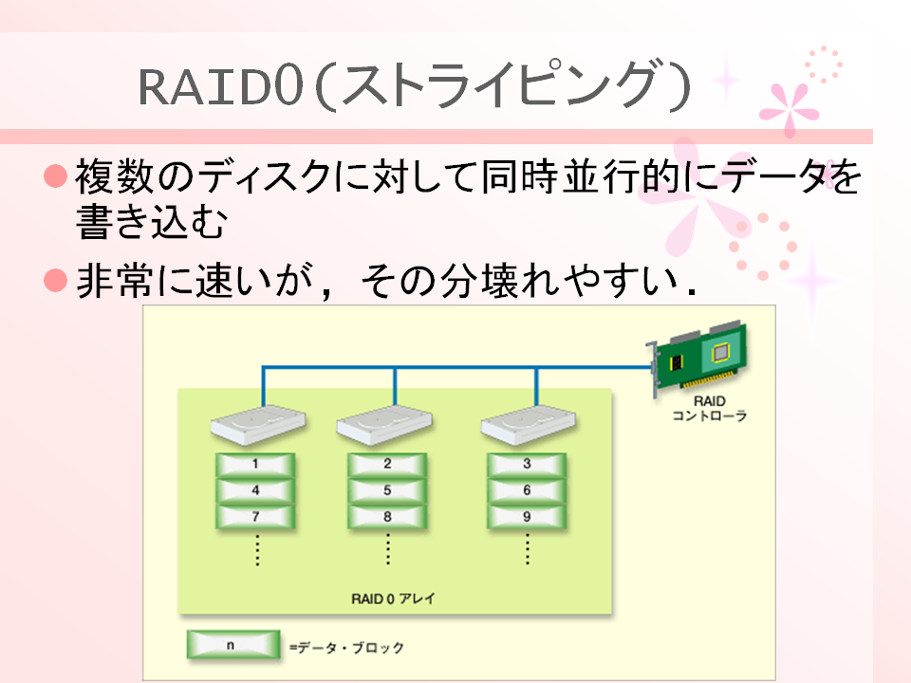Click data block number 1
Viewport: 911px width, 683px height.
coord(255,464)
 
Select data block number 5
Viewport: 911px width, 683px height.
coord(387,490)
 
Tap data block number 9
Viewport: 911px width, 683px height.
coord(527,516)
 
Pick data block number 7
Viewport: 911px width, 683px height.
coord(255,516)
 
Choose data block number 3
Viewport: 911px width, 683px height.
coord(527,464)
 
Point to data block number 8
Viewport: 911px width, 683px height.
coord(387,516)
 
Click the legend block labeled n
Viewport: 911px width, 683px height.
coord(233,645)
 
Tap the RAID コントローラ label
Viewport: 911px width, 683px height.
coord(710,408)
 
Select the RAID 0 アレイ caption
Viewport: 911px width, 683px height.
coord(393,599)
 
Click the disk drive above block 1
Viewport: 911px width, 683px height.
coord(258,425)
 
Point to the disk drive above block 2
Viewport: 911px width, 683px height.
coord(384,425)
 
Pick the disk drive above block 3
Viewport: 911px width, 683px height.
coord(529,425)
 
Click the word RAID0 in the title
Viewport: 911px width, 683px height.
coord(221,87)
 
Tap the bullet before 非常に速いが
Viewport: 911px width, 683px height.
coord(56,280)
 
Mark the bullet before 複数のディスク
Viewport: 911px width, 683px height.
coord(56,175)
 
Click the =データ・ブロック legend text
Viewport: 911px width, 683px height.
coord(347,647)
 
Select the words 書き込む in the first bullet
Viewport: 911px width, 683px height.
coord(151,221)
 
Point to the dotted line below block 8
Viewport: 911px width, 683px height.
coord(388,549)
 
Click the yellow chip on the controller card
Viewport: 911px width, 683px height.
coord(720,353)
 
